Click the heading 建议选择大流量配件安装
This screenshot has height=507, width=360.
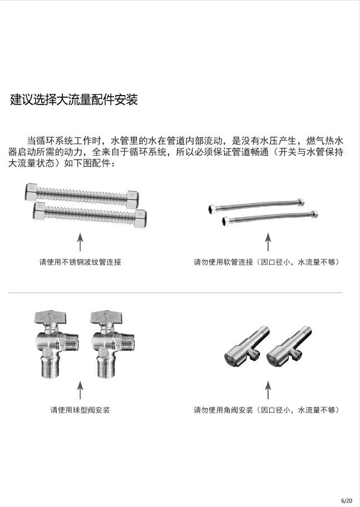74,100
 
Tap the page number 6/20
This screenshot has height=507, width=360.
347,501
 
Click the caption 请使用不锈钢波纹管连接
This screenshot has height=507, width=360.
80,262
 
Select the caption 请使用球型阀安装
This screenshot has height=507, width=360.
80,410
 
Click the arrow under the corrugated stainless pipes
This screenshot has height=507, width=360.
80,242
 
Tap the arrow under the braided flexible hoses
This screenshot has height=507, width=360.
268,242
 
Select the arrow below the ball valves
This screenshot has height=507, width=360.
80,390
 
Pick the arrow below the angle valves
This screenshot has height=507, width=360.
268,390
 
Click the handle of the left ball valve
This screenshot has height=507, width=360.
50,317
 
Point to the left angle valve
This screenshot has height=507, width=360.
246,347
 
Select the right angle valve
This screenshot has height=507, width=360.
289,347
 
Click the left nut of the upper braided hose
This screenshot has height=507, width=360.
212,208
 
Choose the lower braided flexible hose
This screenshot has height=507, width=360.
270,217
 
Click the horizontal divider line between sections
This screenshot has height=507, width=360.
175,292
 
